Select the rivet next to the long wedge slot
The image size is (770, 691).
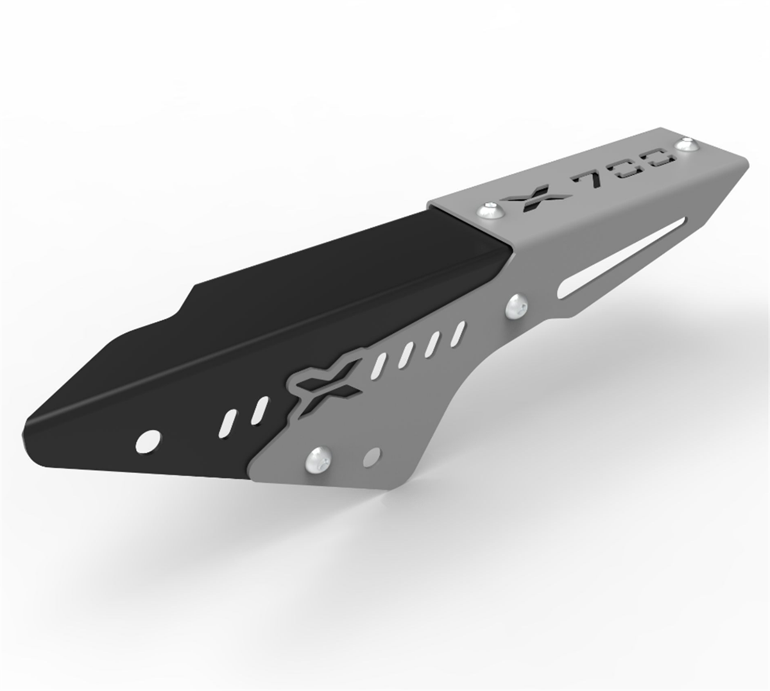517,306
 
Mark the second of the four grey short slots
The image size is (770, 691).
407,354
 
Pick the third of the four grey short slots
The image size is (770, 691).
434,343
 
